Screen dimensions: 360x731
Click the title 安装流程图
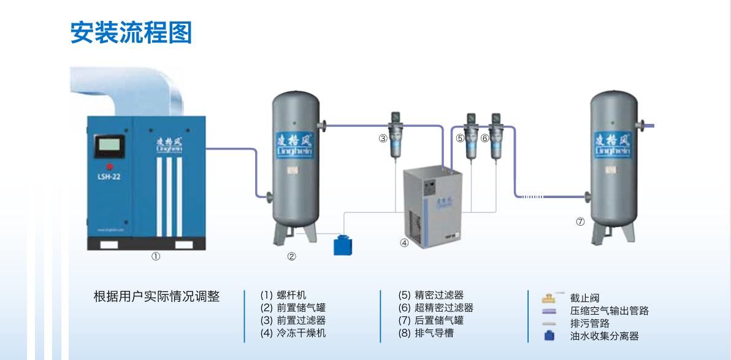pyautogui.click(x=131, y=33)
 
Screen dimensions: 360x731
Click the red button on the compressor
pyautogui.click(x=110, y=166)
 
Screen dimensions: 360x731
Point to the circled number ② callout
pyautogui.click(x=292, y=256)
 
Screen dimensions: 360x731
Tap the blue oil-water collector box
pyautogui.click(x=342, y=245)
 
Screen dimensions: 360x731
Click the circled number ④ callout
pyautogui.click(x=404, y=242)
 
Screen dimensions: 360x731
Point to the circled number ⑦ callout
pyautogui.click(x=580, y=221)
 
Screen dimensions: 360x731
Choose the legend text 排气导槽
pyautogui.click(x=434, y=333)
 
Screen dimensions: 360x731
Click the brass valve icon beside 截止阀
pyautogui.click(x=548, y=299)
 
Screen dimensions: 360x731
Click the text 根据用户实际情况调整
pyautogui.click(x=156, y=296)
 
